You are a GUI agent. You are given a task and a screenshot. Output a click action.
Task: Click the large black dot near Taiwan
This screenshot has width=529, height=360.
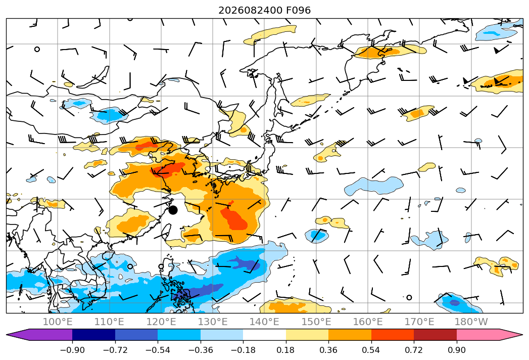tap(173, 210)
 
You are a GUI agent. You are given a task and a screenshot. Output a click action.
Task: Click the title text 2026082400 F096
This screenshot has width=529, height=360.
tap(265, 11)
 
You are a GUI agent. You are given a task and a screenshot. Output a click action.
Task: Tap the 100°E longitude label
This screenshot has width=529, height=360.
tap(58, 322)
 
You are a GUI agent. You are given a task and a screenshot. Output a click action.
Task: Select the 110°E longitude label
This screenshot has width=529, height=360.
tap(109, 322)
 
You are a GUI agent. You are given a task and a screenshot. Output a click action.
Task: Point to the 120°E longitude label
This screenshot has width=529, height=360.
tap(161, 322)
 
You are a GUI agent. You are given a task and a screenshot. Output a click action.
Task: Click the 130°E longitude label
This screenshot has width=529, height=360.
tap(213, 322)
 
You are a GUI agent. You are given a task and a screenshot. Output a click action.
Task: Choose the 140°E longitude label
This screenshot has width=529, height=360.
tap(265, 322)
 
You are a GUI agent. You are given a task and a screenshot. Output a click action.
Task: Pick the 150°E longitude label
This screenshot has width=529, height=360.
tap(316, 322)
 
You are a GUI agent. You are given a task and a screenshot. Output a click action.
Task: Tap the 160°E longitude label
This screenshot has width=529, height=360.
tap(368, 322)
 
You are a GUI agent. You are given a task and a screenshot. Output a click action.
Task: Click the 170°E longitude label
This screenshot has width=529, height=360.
tap(419, 322)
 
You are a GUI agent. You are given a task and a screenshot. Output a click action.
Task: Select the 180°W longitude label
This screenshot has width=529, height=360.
tap(471, 322)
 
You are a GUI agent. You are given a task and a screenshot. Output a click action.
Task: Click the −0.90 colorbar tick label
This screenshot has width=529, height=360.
tap(72, 350)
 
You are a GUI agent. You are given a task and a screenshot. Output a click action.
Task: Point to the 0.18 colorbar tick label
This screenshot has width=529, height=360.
tap(286, 350)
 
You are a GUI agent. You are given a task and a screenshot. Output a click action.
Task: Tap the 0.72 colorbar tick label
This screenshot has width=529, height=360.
tap(414, 350)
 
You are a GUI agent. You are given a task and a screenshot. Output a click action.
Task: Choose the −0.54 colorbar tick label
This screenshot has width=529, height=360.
tap(158, 350)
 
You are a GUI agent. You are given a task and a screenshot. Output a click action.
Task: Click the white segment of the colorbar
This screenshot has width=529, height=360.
tap(265, 335)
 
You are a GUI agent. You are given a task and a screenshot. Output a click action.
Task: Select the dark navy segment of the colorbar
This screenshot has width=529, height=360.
tap(94, 335)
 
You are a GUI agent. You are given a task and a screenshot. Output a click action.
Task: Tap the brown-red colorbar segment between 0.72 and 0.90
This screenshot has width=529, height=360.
tap(435, 335)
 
